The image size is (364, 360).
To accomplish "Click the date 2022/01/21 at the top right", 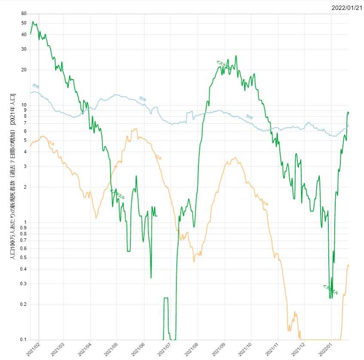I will coord(347,8).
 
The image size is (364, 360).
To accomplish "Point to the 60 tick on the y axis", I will coord(24,13).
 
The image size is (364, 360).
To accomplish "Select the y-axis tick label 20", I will coord(24,70).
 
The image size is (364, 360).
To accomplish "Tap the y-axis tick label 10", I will coord(24,105).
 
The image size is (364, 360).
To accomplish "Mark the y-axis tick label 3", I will coord(25,166).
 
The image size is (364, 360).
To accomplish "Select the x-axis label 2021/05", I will coord(111,349).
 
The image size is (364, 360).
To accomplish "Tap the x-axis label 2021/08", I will coord(191,349).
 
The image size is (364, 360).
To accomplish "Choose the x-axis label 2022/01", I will coord(324,349).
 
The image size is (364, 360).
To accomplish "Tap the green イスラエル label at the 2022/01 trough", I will coord(330,290).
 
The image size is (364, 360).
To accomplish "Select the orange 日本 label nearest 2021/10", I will coord(265,203).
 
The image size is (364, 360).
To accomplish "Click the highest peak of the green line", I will coord(33,21).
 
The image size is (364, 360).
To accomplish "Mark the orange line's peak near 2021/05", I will coord(135,128).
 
